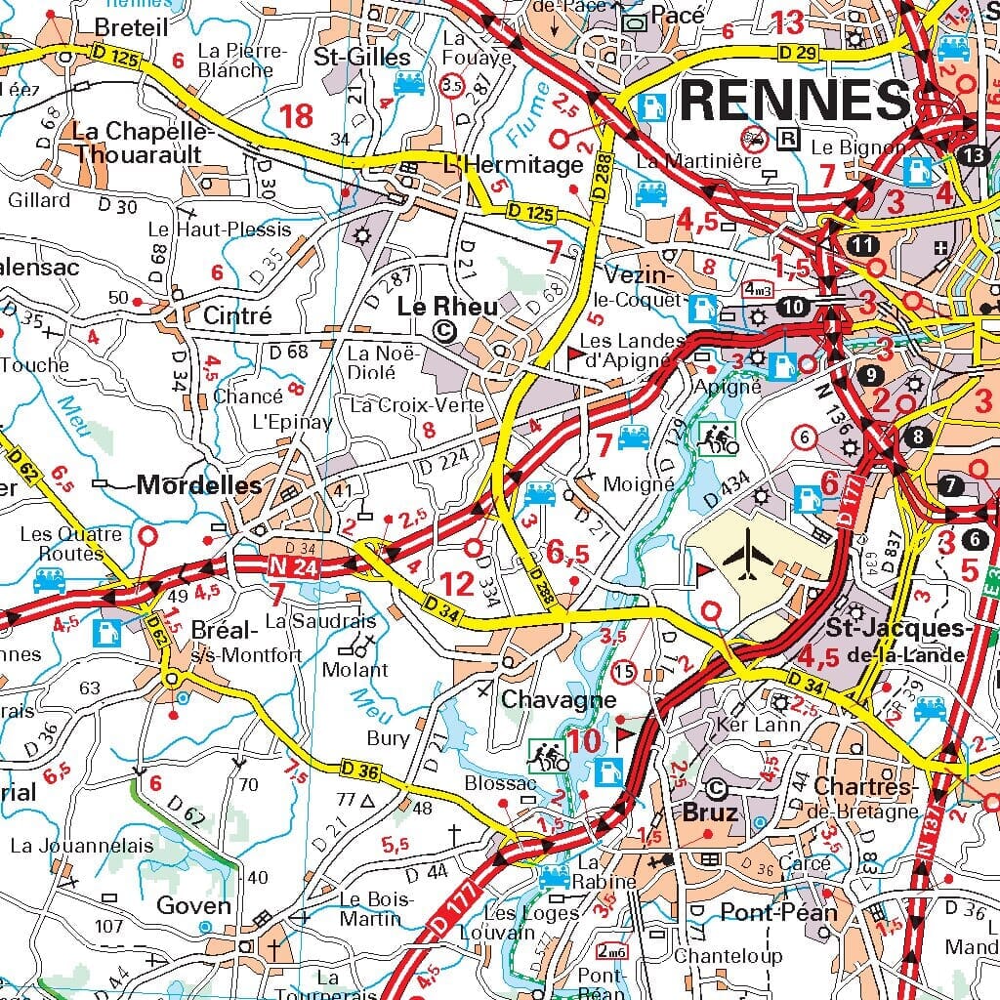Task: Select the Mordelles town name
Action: tap(199, 485)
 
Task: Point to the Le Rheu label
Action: tap(446, 307)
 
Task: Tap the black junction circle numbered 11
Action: tap(862, 245)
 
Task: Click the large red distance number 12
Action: tap(457, 585)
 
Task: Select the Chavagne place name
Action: tap(559, 700)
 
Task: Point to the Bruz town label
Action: tap(711, 812)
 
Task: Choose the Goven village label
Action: tap(194, 905)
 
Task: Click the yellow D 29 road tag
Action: tap(800, 50)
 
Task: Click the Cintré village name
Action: tap(237, 315)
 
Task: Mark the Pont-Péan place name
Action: tap(778, 912)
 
